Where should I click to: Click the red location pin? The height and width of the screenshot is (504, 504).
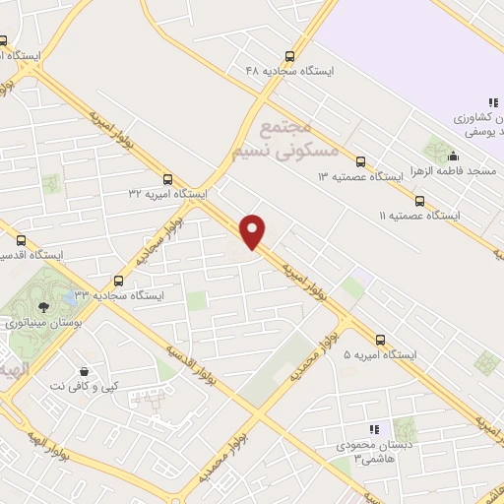click(253, 231)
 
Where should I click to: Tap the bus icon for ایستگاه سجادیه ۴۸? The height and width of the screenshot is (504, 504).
click(289, 56)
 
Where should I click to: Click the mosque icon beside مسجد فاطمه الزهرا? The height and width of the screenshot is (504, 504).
click(453, 156)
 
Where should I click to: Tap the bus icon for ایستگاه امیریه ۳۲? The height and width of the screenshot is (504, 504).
click(167, 180)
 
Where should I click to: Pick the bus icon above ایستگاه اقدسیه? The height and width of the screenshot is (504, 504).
click(21, 239)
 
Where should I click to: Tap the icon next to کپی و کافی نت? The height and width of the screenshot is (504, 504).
click(83, 371)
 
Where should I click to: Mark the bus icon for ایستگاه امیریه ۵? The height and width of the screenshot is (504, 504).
click(380, 339)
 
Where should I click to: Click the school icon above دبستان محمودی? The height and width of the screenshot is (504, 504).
click(373, 430)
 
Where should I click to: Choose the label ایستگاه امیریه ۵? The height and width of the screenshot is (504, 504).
click(380, 354)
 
